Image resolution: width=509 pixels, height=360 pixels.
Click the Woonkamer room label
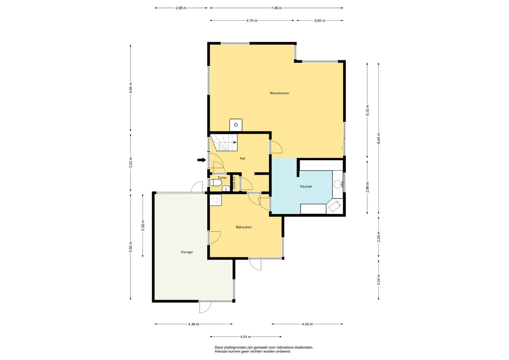tap(279, 93)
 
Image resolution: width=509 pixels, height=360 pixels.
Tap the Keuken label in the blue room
tap(306, 186)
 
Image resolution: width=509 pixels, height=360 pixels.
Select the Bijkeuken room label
tap(244, 227)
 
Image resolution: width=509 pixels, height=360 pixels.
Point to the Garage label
tap(187, 252)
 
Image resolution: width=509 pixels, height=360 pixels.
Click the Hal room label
tap(242, 158)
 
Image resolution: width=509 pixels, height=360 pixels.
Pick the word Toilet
tap(222, 178)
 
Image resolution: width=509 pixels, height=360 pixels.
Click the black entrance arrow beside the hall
tap(202, 160)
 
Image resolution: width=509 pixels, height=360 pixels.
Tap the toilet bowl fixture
tap(216, 183)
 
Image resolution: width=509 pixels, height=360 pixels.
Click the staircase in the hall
tap(224, 143)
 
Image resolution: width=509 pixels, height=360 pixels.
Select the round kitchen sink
tap(338, 184)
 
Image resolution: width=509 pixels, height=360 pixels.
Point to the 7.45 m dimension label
tap(276, 8)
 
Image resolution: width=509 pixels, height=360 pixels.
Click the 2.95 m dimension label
tap(181, 8)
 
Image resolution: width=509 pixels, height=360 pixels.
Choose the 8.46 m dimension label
tap(379, 138)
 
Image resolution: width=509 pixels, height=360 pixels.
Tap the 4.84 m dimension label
tap(130, 88)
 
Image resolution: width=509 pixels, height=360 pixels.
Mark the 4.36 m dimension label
tap(194, 324)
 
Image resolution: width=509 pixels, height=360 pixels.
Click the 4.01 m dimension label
tap(246, 337)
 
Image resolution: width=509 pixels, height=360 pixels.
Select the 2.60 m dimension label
tap(320, 20)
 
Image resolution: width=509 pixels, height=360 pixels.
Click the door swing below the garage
tap(205, 307)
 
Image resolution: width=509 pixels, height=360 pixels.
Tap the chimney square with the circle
tap(236, 125)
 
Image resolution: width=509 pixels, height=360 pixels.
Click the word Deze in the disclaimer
tap(219, 347)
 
